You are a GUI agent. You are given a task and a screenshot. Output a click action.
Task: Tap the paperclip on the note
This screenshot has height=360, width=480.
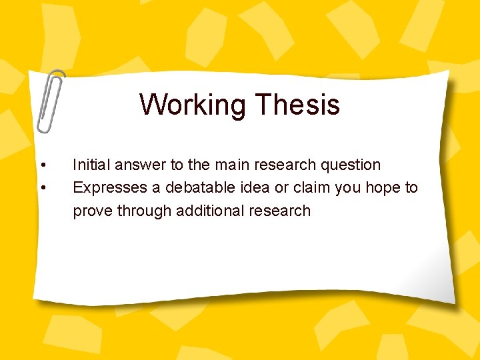51,101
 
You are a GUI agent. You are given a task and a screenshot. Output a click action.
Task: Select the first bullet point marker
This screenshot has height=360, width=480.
43,165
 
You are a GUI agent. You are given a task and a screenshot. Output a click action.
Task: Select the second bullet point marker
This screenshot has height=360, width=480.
43,188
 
